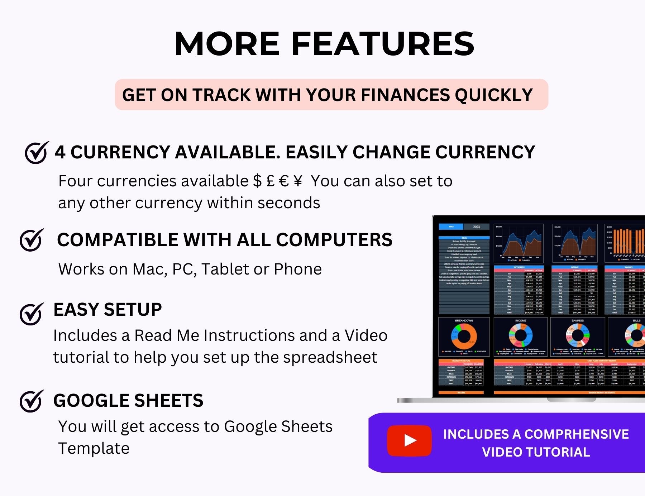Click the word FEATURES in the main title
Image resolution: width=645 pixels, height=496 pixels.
point(382,44)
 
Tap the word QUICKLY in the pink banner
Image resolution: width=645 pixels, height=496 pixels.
point(494,95)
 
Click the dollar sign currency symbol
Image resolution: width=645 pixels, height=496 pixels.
point(257,181)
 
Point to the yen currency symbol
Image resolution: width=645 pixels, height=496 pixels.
point(298,181)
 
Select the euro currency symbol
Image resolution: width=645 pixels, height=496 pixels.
point(284,181)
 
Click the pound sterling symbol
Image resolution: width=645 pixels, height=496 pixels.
point(271,181)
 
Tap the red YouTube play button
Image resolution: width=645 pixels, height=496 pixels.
point(409,440)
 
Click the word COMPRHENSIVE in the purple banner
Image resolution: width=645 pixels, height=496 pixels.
point(577,434)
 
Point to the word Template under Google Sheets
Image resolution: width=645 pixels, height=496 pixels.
point(94,448)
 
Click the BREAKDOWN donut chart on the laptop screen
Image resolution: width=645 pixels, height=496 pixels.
point(464,337)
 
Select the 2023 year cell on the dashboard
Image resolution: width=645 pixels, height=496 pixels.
point(476,227)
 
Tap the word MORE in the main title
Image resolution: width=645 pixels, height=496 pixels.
point(227,44)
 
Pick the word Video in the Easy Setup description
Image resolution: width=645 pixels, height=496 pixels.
point(366,336)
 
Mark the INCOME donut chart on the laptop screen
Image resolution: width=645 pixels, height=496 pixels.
point(521,336)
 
